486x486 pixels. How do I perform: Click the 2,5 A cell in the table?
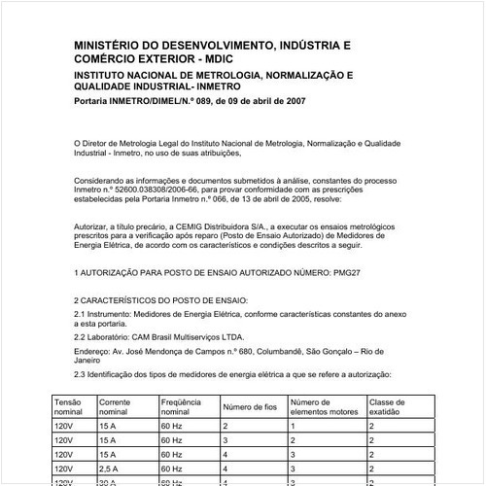[110, 467]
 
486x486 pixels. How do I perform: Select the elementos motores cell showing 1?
[292, 426]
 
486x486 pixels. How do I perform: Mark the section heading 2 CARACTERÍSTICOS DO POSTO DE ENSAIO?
[161, 302]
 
